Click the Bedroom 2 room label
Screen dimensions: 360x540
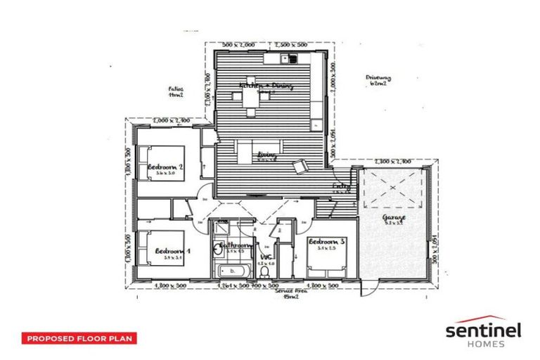point(166,167)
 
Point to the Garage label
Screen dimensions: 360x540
point(394,219)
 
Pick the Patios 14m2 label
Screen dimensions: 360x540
point(175,93)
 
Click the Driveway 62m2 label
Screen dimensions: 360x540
point(378,79)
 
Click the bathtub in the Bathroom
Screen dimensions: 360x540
point(231,270)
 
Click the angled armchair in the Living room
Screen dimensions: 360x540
point(300,165)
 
